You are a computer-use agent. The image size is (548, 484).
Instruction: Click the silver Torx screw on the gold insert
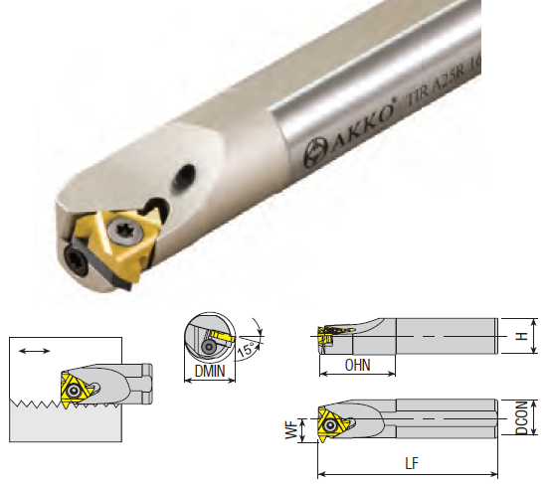click(125, 232)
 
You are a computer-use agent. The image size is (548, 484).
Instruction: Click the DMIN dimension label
click(210, 371)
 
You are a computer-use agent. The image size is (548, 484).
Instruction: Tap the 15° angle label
click(247, 349)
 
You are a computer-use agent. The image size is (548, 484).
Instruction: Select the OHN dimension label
click(357, 365)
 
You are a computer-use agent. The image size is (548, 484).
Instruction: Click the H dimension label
click(522, 336)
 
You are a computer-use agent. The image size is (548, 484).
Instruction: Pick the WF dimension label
click(291, 429)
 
